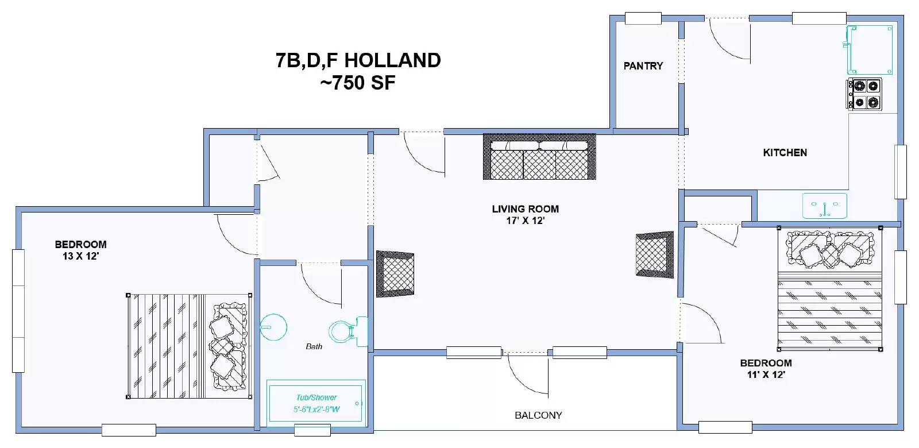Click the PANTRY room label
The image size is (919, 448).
tap(643, 66)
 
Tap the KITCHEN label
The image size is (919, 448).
tap(785, 153)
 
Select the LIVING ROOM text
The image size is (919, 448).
tap(525, 209)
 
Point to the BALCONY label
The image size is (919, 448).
tap(538, 415)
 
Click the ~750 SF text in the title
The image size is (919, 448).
tap(358, 83)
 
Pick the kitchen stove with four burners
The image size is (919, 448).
tap(864, 94)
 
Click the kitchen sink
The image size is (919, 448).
tap(825, 206)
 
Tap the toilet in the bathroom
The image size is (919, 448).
tap(348, 331)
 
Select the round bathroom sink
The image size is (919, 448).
tap(273, 327)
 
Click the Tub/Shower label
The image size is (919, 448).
tap(316, 397)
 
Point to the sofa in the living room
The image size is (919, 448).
tap(539, 157)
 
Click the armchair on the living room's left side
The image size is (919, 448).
tap(395, 274)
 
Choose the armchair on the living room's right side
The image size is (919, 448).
tap(655, 255)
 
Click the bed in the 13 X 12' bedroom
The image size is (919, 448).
tap(189, 346)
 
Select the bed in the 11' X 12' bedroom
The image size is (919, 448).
tap(829, 288)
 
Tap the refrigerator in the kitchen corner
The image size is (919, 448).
tap(870, 50)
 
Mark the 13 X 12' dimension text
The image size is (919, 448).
tap(81, 256)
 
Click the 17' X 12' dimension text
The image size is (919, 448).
tap(525, 221)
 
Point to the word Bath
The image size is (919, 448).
tap(314, 347)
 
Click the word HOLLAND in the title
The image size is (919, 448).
tap(393, 60)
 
